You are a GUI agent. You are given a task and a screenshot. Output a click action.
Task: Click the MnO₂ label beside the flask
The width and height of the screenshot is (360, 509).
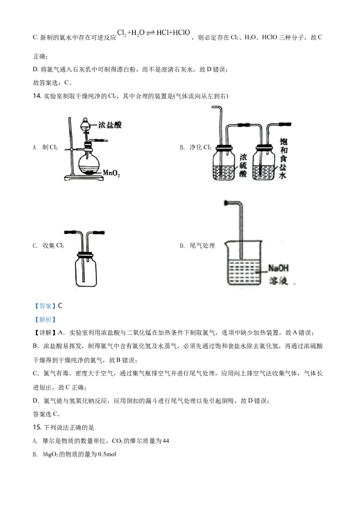point(111,173)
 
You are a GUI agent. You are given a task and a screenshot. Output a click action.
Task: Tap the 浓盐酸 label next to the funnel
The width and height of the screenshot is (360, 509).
point(110,125)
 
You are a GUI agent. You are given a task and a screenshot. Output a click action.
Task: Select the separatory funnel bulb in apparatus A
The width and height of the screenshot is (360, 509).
point(86,124)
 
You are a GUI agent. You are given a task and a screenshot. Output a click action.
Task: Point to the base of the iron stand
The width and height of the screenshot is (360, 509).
point(84,178)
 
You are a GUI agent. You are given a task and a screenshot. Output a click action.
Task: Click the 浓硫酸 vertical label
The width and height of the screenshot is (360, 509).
point(243,165)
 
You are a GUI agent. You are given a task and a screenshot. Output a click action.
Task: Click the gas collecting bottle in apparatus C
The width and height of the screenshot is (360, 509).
point(86,269)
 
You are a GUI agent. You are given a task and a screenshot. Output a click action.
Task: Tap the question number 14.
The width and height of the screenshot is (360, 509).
point(37,96)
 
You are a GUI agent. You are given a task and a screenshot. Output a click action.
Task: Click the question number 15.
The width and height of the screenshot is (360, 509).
point(37,427)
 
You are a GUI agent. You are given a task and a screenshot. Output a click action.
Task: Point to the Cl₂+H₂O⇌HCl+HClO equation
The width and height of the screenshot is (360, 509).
point(153,33)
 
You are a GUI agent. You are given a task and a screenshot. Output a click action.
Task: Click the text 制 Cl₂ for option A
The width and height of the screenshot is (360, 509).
point(49,147)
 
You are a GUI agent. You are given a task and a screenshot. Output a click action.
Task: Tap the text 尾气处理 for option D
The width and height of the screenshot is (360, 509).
point(202,246)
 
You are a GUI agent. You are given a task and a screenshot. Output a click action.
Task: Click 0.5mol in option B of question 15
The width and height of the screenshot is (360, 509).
point(107,454)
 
